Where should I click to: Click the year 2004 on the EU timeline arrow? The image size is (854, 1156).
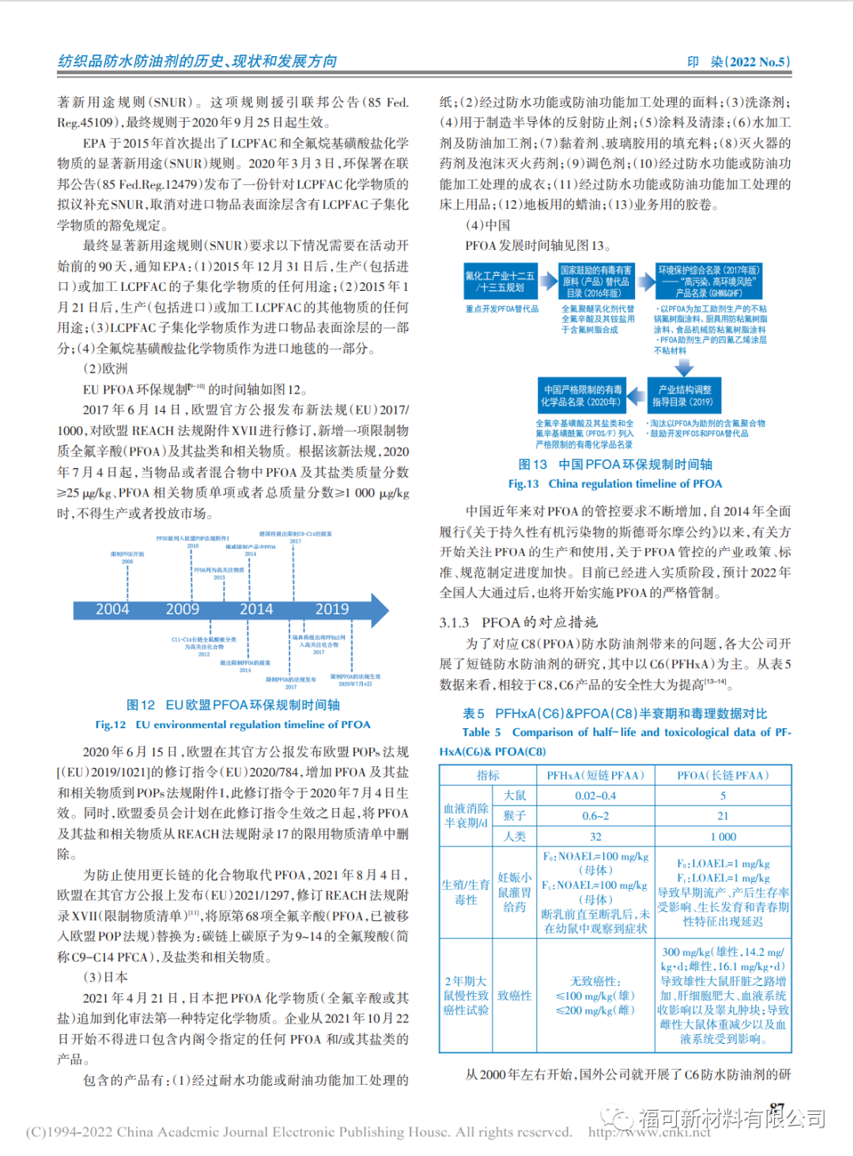[112, 610]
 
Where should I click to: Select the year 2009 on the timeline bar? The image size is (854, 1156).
[183, 610]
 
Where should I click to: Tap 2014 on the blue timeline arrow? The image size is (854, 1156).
[256, 610]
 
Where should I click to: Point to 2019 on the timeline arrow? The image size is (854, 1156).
[332, 610]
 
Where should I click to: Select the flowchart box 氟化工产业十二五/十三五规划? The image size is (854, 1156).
[500, 281]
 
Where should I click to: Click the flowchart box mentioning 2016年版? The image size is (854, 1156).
[596, 281]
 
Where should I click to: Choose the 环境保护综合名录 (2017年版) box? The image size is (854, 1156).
[709, 281]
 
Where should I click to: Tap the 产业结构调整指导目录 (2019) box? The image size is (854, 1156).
[682, 395]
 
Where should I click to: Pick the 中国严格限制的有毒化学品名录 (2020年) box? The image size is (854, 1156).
[581, 395]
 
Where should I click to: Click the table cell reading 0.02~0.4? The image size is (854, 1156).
[595, 795]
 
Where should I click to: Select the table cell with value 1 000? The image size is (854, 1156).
[723, 837]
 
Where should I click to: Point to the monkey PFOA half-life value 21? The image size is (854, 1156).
[723, 816]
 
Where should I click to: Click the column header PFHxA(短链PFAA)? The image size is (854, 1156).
[595, 776]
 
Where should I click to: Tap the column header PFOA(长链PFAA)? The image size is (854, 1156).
[723, 776]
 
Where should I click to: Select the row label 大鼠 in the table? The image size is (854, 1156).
[515, 795]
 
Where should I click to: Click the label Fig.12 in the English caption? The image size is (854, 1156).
[111, 725]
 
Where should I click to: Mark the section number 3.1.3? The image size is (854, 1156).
[455, 623]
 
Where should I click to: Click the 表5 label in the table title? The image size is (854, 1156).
[474, 714]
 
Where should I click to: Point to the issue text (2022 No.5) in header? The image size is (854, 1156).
[758, 62]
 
